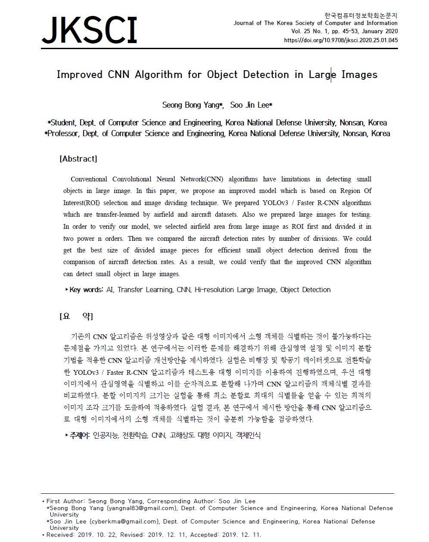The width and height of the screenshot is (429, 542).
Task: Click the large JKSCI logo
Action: [90, 30]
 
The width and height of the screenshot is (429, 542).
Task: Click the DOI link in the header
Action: [341, 40]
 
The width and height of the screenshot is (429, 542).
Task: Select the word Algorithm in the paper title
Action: [159, 75]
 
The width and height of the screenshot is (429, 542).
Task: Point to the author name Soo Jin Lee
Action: [249, 105]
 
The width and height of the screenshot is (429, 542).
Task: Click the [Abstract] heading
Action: [78, 159]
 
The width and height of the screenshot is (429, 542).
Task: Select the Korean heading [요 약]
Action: [76, 317]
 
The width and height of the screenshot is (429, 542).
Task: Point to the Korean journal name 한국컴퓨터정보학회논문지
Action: [361, 16]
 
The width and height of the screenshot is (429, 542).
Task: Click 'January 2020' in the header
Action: [379, 31]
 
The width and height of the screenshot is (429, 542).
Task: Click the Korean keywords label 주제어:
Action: [80, 436]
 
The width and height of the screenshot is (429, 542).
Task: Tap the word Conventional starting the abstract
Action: [89, 179]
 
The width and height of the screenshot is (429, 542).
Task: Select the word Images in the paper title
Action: [359, 75]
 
